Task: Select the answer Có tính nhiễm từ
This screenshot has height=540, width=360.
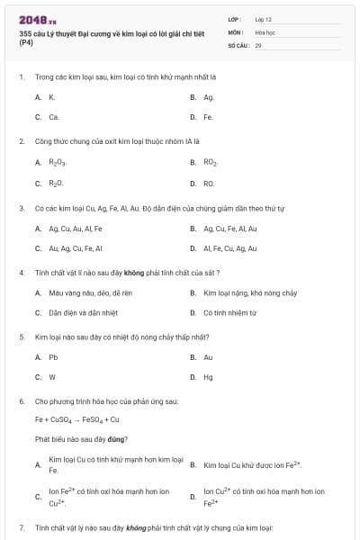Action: pyautogui.click(x=230, y=313)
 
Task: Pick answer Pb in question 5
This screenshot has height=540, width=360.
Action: pyautogui.click(x=53, y=357)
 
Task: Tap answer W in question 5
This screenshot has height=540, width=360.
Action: pyautogui.click(x=52, y=377)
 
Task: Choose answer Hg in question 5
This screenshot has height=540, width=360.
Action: pyautogui.click(x=209, y=377)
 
